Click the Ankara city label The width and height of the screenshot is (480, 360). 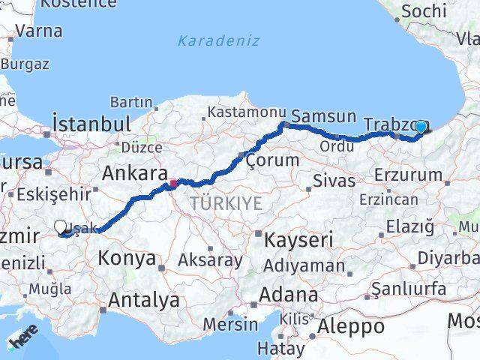pos(134,173)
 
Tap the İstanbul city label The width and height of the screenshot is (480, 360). pos(91,123)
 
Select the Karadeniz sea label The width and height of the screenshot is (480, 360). pos(218,40)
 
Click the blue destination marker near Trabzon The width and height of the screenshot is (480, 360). pos(421,127)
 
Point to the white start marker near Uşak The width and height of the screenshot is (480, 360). pos(61,226)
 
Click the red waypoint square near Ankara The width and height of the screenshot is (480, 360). pos(173,182)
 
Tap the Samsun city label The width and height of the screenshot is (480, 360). pos(323,116)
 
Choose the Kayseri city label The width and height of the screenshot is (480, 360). pos(298,240)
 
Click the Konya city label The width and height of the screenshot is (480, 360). pos(127,259)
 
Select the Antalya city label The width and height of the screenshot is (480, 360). pos(143,300)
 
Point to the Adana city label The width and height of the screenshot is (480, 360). pos(287,295)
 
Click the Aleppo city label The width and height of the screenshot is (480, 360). pos(350,326)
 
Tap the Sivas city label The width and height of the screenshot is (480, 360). pos(333,180)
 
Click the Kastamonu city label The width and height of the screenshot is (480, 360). pos(242,112)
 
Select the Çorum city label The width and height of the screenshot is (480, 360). pos(272,159)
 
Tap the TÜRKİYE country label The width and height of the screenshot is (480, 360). pos(226,202)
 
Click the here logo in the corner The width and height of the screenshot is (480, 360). pos(23,340)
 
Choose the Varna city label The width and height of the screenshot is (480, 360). pos(38,31)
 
